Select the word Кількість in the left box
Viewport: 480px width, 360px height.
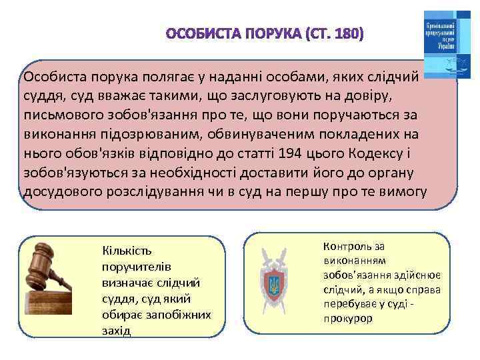point(127,251)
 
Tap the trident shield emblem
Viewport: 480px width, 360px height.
point(274,285)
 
